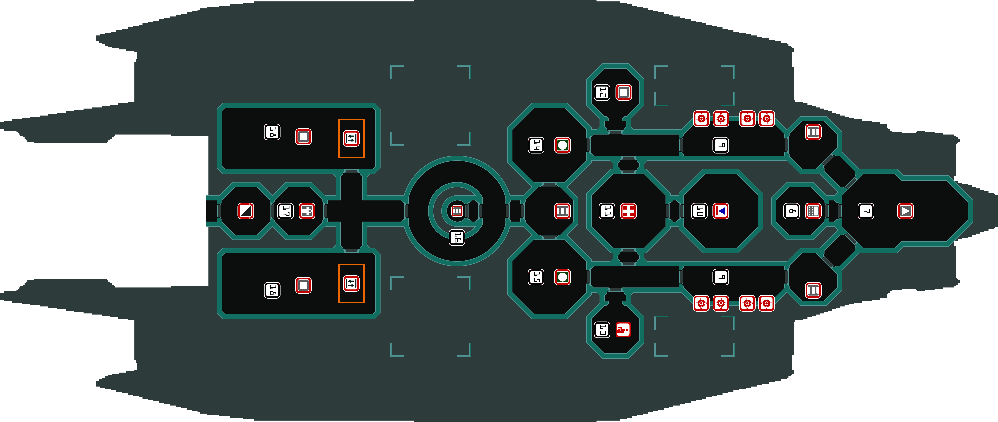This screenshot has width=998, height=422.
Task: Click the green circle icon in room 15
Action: coord(563,277)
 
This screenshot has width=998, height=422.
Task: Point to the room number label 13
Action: coord(602,330)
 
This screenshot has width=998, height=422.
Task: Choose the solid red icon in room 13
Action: coord(623,330)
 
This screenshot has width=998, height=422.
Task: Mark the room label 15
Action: coord(536,277)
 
